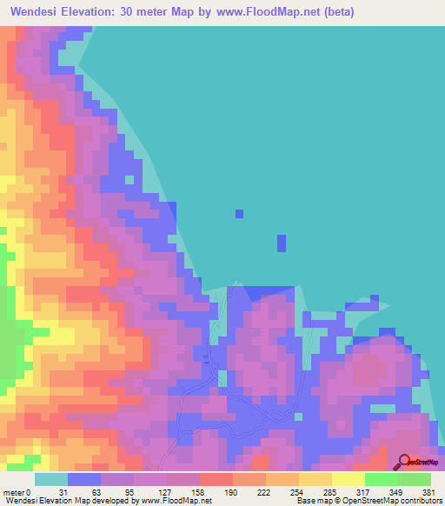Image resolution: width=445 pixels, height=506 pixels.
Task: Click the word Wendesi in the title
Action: pyautogui.click(x=40, y=13)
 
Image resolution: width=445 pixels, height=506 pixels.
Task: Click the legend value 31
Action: pyautogui.click(x=62, y=492)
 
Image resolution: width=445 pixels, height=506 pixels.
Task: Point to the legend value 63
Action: pyautogui.click(x=96, y=492)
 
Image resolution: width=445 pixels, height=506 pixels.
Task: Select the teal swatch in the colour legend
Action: pyautogui.click(x=51, y=479)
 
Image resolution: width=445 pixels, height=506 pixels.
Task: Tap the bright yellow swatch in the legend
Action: pyautogui.click(x=349, y=479)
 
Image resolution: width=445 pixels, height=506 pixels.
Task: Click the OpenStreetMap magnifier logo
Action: pyautogui.click(x=403, y=462)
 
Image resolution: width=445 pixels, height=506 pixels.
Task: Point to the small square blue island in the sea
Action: pyautogui.click(x=239, y=213)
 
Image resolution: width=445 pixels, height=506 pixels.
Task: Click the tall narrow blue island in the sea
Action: pyautogui.click(x=281, y=243)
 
